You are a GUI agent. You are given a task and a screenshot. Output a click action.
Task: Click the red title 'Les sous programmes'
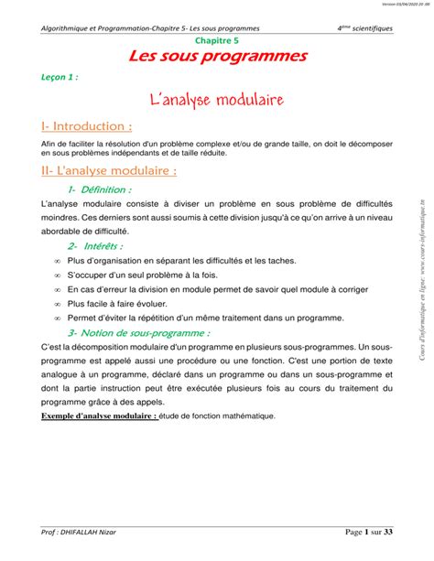click(217, 58)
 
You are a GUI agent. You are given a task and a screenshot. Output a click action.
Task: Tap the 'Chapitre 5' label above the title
click(217, 41)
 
